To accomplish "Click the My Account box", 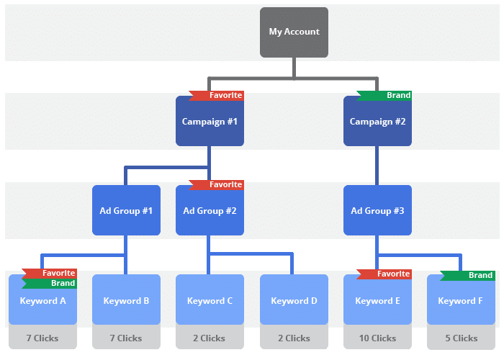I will tap(294, 32).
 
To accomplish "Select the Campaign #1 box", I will tap(210, 122).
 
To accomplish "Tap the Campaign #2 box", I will tap(377, 122).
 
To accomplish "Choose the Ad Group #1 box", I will tap(126, 211).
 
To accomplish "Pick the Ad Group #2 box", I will tap(210, 211).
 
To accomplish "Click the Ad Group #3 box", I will tap(377, 211).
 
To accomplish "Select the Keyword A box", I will tap(42, 301).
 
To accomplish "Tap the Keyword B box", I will tap(126, 301).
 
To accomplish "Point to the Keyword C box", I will tap(210, 301).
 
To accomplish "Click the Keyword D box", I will tap(294, 301).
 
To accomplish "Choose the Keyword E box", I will tap(377, 301).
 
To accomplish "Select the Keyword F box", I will tap(461, 301).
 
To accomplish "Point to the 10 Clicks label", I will tap(377, 338).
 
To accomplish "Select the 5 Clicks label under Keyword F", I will tap(461, 338).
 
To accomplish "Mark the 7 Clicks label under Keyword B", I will tap(126, 338).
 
